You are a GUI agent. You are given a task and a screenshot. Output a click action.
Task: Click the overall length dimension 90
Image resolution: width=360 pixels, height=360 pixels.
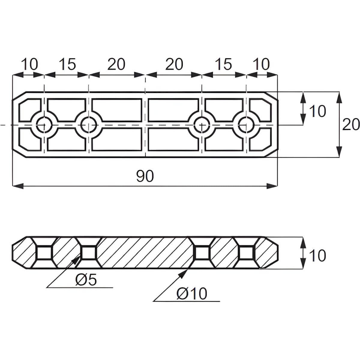[145, 176]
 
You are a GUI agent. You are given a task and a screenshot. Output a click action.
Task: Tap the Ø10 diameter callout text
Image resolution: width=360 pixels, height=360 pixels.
[192, 294]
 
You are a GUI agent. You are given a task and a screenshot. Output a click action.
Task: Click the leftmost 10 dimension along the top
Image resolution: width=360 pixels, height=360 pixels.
[29, 64]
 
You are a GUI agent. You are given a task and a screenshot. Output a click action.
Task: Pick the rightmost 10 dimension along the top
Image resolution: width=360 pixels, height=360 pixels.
[262, 64]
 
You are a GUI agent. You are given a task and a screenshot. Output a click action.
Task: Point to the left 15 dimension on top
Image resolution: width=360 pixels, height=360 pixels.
[67, 64]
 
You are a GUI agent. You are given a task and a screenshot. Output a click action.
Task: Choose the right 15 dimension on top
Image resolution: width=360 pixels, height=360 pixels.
[223, 64]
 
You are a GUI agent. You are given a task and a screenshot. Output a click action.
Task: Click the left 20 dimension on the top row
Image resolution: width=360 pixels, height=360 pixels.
[116, 64]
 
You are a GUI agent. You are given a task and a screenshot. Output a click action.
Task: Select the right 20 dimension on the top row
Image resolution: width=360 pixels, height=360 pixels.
[174, 64]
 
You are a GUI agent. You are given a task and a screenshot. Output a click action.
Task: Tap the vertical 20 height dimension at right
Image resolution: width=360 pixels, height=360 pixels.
[351, 124]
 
